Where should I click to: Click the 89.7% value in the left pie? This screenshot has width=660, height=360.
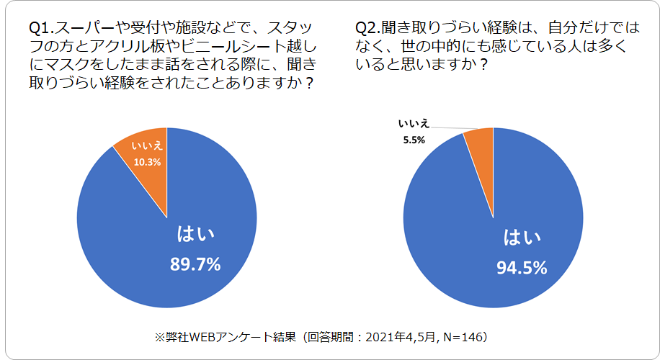[195, 264]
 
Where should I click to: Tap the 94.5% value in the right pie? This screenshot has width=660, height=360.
[522, 268]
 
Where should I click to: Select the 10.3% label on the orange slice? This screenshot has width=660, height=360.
[147, 162]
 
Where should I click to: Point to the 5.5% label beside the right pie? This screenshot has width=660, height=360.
[414, 139]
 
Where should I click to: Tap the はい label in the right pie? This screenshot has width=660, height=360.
[521, 237]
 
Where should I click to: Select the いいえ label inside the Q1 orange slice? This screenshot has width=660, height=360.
[147, 148]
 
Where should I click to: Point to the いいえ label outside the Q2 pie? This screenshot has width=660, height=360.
[415, 124]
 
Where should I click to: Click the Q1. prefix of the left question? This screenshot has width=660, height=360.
[40, 29]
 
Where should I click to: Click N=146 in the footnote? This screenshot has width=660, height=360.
[466, 336]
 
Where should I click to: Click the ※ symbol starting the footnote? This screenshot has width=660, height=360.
[160, 336]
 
